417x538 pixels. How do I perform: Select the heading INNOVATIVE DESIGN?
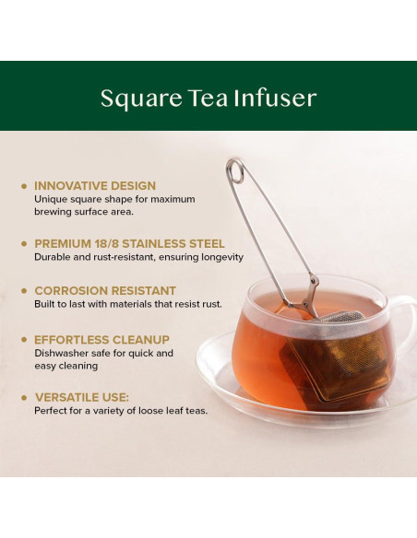[x=95, y=185]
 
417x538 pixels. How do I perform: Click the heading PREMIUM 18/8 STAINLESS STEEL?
[x=129, y=243]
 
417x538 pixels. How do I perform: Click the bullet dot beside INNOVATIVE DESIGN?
[x=24, y=185]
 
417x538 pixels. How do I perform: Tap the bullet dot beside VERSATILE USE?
[x=24, y=397]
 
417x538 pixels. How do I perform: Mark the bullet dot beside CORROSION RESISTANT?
[x=24, y=290]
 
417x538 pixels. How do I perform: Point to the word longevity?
[x=220, y=257]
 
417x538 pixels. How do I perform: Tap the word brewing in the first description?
[x=54, y=211]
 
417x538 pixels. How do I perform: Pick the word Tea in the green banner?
[x=205, y=99]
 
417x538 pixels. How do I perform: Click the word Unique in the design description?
[x=50, y=198]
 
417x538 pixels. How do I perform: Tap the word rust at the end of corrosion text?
[x=210, y=304]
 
